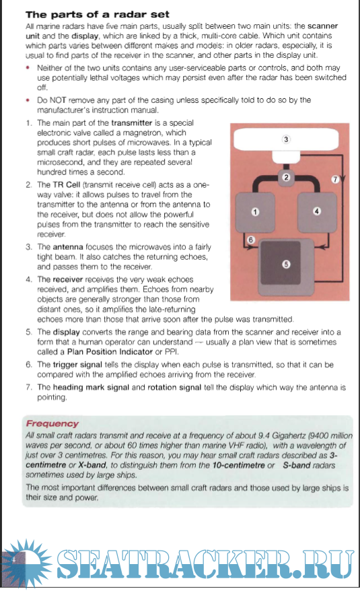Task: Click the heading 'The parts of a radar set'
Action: coord(98,15)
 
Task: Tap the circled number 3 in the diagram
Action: coord(286,139)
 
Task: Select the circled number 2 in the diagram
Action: coord(286,177)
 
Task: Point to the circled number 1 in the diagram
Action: coord(255,212)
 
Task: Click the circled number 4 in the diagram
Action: coord(317,211)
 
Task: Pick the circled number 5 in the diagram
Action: coord(286,265)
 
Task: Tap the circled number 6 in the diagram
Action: coord(251,240)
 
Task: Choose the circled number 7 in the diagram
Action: coord(335,180)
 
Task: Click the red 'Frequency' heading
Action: coord(52,423)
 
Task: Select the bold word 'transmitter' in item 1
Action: coord(132,123)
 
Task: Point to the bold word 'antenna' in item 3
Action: coord(68,247)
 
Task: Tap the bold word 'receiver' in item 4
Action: coord(68,279)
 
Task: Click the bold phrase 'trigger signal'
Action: coord(77,365)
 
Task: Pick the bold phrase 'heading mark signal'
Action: coord(91,388)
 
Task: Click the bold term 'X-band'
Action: coord(92,465)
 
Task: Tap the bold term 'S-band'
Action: coord(296,465)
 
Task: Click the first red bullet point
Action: coord(28,68)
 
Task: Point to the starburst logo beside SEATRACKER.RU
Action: coord(26,562)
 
